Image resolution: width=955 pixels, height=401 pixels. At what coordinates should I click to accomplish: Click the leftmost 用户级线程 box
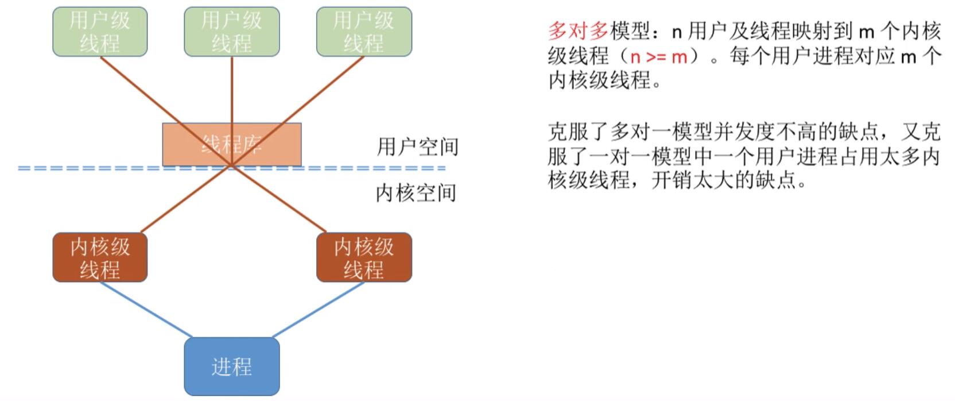point(100,32)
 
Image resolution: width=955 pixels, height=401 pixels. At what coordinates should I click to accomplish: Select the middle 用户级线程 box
point(231,32)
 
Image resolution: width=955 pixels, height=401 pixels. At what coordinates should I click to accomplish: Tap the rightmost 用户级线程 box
point(364,32)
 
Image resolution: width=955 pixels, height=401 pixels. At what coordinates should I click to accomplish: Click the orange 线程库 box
point(231,144)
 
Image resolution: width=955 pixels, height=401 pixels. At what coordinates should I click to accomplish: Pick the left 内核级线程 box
point(100,257)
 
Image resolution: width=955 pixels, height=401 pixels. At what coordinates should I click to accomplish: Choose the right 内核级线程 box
point(364,257)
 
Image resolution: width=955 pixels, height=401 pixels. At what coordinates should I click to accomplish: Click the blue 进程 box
point(231,366)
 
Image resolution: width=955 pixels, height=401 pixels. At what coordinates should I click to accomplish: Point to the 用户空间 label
point(417,147)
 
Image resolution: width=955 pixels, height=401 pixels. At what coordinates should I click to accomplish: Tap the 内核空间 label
point(416,193)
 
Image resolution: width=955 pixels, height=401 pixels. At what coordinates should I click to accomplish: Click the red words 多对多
point(578,32)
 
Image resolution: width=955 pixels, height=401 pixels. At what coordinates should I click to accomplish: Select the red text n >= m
point(658,56)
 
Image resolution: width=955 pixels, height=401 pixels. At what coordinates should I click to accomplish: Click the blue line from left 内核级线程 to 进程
point(146,310)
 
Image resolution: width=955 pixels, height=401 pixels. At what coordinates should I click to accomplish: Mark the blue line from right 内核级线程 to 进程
point(319,310)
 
